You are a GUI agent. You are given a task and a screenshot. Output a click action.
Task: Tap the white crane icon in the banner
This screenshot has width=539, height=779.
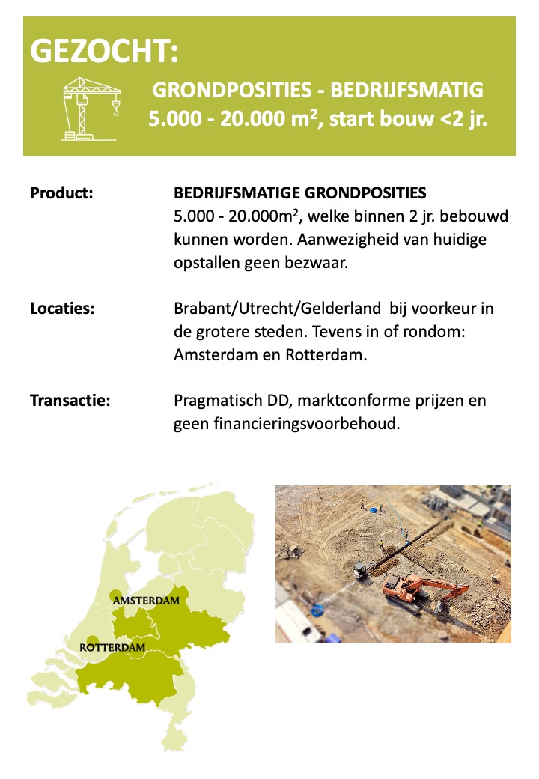pyautogui.click(x=91, y=108)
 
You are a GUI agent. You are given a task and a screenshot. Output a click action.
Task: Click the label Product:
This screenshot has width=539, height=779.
pyautogui.click(x=61, y=193)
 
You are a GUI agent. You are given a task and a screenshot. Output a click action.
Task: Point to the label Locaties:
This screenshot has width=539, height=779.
pyautogui.click(x=62, y=309)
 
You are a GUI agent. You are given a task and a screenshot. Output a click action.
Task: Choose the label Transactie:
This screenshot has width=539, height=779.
pyautogui.click(x=70, y=401)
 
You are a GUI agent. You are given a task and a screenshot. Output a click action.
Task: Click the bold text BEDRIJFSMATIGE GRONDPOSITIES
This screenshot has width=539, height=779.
pyautogui.click(x=299, y=193)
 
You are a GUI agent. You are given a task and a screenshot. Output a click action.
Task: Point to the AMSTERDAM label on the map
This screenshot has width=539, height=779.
pyautogui.click(x=146, y=601)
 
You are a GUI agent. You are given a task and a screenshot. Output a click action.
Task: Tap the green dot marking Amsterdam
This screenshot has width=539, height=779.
pyautogui.click(x=115, y=596)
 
